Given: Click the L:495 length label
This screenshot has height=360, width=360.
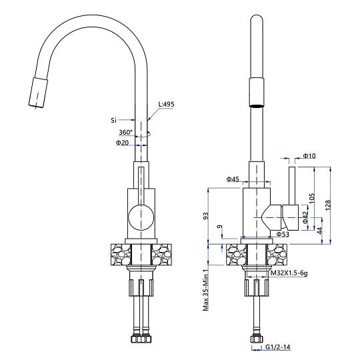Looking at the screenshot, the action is click(166, 104).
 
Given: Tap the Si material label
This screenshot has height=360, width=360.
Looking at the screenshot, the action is click(114, 120).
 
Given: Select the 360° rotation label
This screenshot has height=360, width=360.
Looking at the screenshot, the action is click(125, 132).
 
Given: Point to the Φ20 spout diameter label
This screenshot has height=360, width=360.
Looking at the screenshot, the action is click(123, 143).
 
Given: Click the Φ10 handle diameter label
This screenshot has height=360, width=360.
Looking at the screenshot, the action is click(309, 155).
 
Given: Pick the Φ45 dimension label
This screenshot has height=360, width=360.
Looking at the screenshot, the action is click(233, 179).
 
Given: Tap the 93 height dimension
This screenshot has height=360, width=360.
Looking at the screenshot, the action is click(206, 216).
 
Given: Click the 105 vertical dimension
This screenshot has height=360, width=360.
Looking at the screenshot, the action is click(311, 199).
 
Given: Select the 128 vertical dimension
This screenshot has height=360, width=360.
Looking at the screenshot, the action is click(328, 205).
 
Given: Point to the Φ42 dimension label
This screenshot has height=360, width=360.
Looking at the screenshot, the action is click(305, 217).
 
